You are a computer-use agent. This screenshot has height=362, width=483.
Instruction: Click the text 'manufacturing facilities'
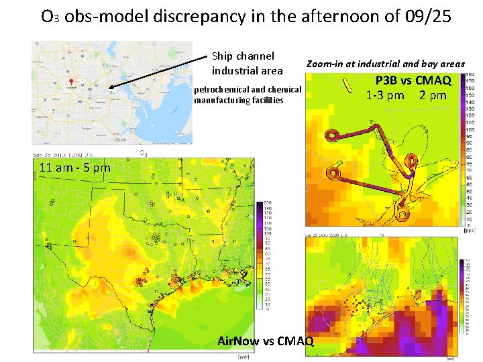click(x=238, y=101)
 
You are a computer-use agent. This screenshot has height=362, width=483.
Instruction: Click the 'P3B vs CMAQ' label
click(x=408, y=82)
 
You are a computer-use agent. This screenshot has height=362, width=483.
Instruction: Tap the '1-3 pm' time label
click(x=385, y=95)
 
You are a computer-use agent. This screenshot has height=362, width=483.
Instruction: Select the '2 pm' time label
click(x=433, y=95)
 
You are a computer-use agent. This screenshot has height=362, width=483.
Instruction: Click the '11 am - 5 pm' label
click(x=74, y=168)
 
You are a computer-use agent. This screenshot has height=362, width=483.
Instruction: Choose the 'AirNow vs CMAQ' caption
click(x=265, y=341)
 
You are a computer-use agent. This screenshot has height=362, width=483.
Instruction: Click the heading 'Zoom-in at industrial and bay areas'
click(x=385, y=64)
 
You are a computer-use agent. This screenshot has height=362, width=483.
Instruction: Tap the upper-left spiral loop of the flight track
click(x=333, y=136)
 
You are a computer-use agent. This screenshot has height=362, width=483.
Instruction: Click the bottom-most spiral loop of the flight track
click(x=402, y=215)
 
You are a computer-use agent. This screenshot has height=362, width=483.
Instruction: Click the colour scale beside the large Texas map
click(x=259, y=255)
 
